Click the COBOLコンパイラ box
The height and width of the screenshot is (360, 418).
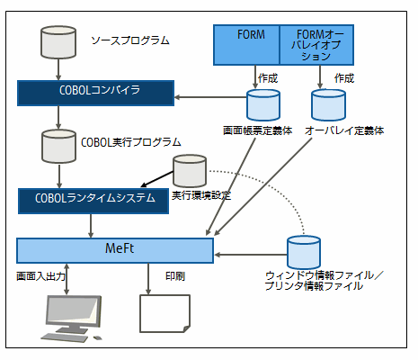click(x=95, y=93)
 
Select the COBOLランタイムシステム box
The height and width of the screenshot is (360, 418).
click(x=93, y=201)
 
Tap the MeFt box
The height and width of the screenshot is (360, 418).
click(x=115, y=250)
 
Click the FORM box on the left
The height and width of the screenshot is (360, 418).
click(x=246, y=45)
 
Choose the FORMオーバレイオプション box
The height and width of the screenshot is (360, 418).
click(x=316, y=45)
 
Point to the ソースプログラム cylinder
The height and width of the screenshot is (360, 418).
click(x=58, y=42)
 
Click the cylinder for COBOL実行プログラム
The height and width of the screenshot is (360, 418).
click(x=58, y=146)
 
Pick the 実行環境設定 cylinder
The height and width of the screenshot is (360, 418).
click(x=190, y=171)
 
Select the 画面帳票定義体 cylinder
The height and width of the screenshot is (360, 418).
click(x=263, y=105)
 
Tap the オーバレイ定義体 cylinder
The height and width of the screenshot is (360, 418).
click(x=328, y=105)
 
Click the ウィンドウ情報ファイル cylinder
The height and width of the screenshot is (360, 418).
click(x=304, y=252)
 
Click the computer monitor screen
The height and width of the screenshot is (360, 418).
click(x=74, y=310)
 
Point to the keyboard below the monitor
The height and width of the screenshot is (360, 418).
click(x=65, y=337)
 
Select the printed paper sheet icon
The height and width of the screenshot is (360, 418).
click(x=165, y=313)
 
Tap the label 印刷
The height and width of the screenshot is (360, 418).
click(x=175, y=276)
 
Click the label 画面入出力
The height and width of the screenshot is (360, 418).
click(x=40, y=276)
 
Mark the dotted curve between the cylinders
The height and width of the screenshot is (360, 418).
click(x=271, y=186)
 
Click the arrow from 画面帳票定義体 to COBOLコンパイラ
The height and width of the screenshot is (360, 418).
click(x=210, y=97)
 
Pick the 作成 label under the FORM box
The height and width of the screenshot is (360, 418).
click(x=268, y=78)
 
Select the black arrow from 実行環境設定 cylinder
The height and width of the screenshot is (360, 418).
click(x=157, y=179)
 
